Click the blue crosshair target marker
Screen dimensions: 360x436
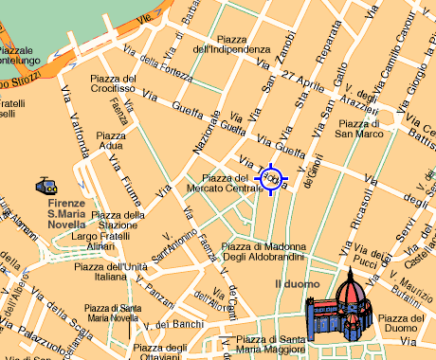[270, 177]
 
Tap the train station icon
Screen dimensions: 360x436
[45, 187]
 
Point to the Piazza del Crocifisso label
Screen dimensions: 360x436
[114, 83]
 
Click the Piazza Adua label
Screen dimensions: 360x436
[110, 141]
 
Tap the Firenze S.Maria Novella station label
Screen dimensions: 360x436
[66, 209]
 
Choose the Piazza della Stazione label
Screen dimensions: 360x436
[119, 220]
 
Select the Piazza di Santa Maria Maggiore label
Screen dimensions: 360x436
[270, 345]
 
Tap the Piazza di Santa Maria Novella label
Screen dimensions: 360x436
[112, 313]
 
